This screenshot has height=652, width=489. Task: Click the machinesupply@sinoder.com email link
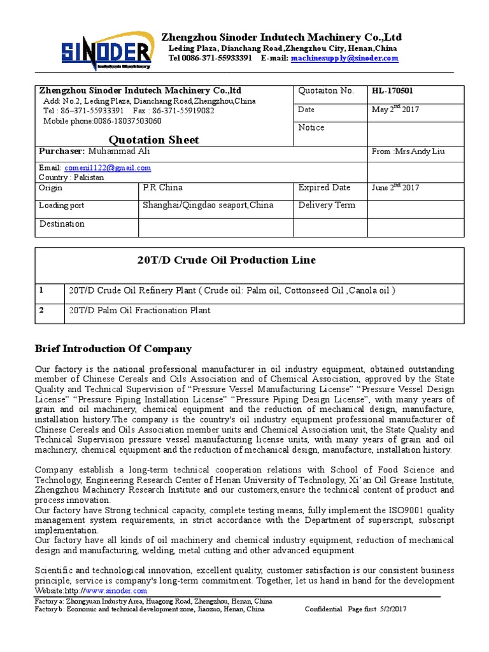pos(344,58)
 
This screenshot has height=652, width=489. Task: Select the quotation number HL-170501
pos(392,91)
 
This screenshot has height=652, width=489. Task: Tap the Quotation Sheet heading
pos(154,139)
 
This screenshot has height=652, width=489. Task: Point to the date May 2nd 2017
pos(395,110)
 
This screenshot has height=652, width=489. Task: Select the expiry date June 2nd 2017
pos(395,187)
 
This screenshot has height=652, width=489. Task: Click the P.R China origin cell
pos(162,187)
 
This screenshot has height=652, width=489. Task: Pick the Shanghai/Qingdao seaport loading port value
pos(208,205)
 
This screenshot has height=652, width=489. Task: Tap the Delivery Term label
pos(327,205)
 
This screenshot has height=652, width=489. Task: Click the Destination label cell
pos(62,223)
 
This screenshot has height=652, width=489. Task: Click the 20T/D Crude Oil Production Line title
pos(227,260)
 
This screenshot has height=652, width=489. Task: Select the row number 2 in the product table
pos(42,311)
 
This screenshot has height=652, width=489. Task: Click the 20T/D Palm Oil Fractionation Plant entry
pos(139,311)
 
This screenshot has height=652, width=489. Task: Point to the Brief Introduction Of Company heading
pos(113,349)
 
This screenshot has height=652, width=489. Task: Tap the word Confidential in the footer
pos(323,609)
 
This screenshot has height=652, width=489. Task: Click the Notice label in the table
pos(311,127)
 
